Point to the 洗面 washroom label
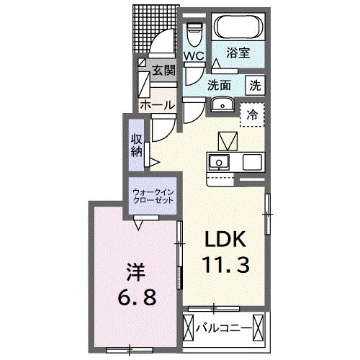pos(219,84)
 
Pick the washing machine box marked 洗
pos(256,84)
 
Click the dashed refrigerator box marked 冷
pos(252,114)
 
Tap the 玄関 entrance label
pos(163,70)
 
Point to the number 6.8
pos(135,297)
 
